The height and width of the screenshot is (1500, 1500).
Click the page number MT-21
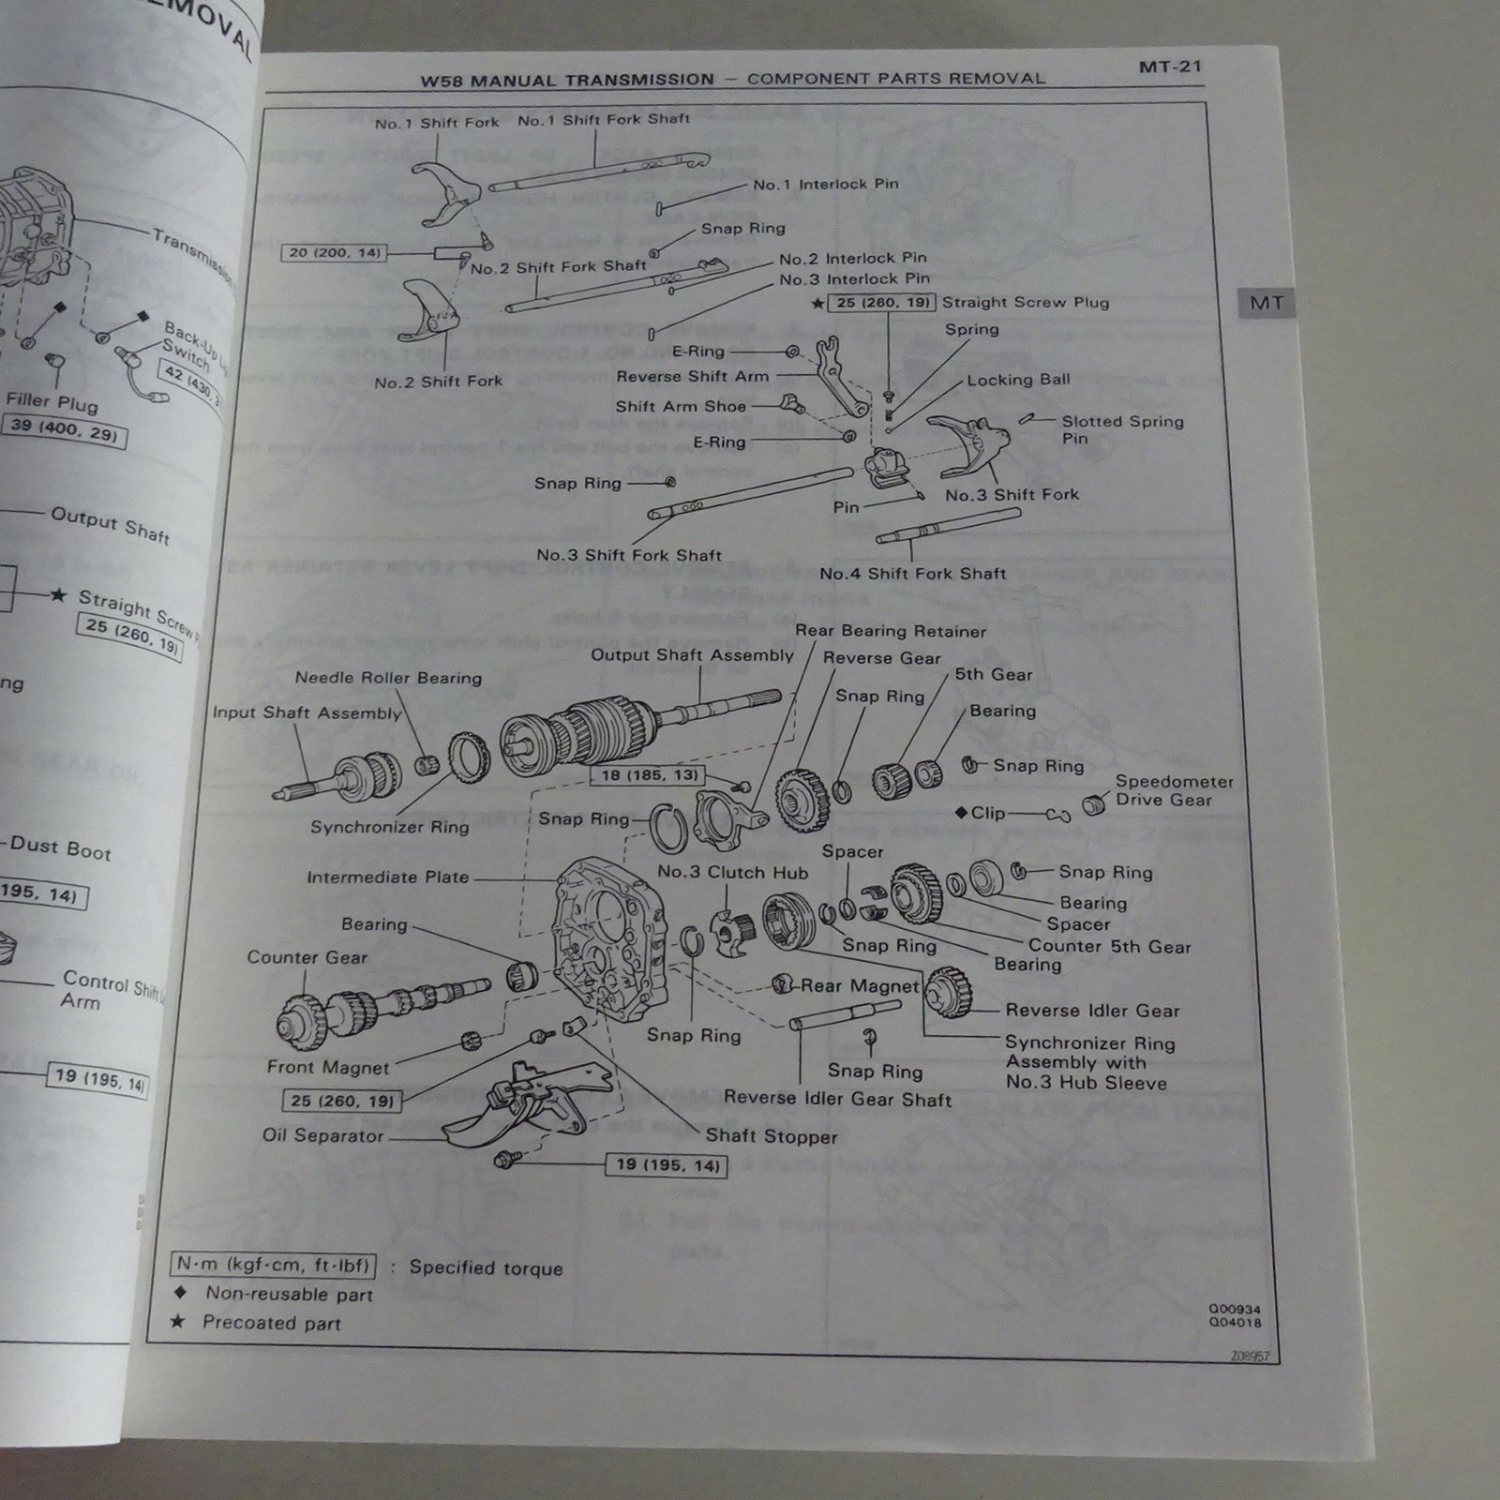tap(1170, 67)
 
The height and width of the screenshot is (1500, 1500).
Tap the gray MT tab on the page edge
tap(1266, 304)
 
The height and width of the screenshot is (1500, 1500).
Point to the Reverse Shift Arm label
tap(692, 377)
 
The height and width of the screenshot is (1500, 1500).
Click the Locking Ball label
tap(1018, 380)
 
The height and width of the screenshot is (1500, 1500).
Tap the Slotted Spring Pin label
tap(1121, 429)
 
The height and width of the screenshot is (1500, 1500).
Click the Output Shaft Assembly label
tap(692, 655)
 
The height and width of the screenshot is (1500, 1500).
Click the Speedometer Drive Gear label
tap(1174, 790)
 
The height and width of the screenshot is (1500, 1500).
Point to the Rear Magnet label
tap(859, 985)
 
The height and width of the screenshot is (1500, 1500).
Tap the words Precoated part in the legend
tap(271, 1323)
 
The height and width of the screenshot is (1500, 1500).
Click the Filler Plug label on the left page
tap(52, 402)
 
